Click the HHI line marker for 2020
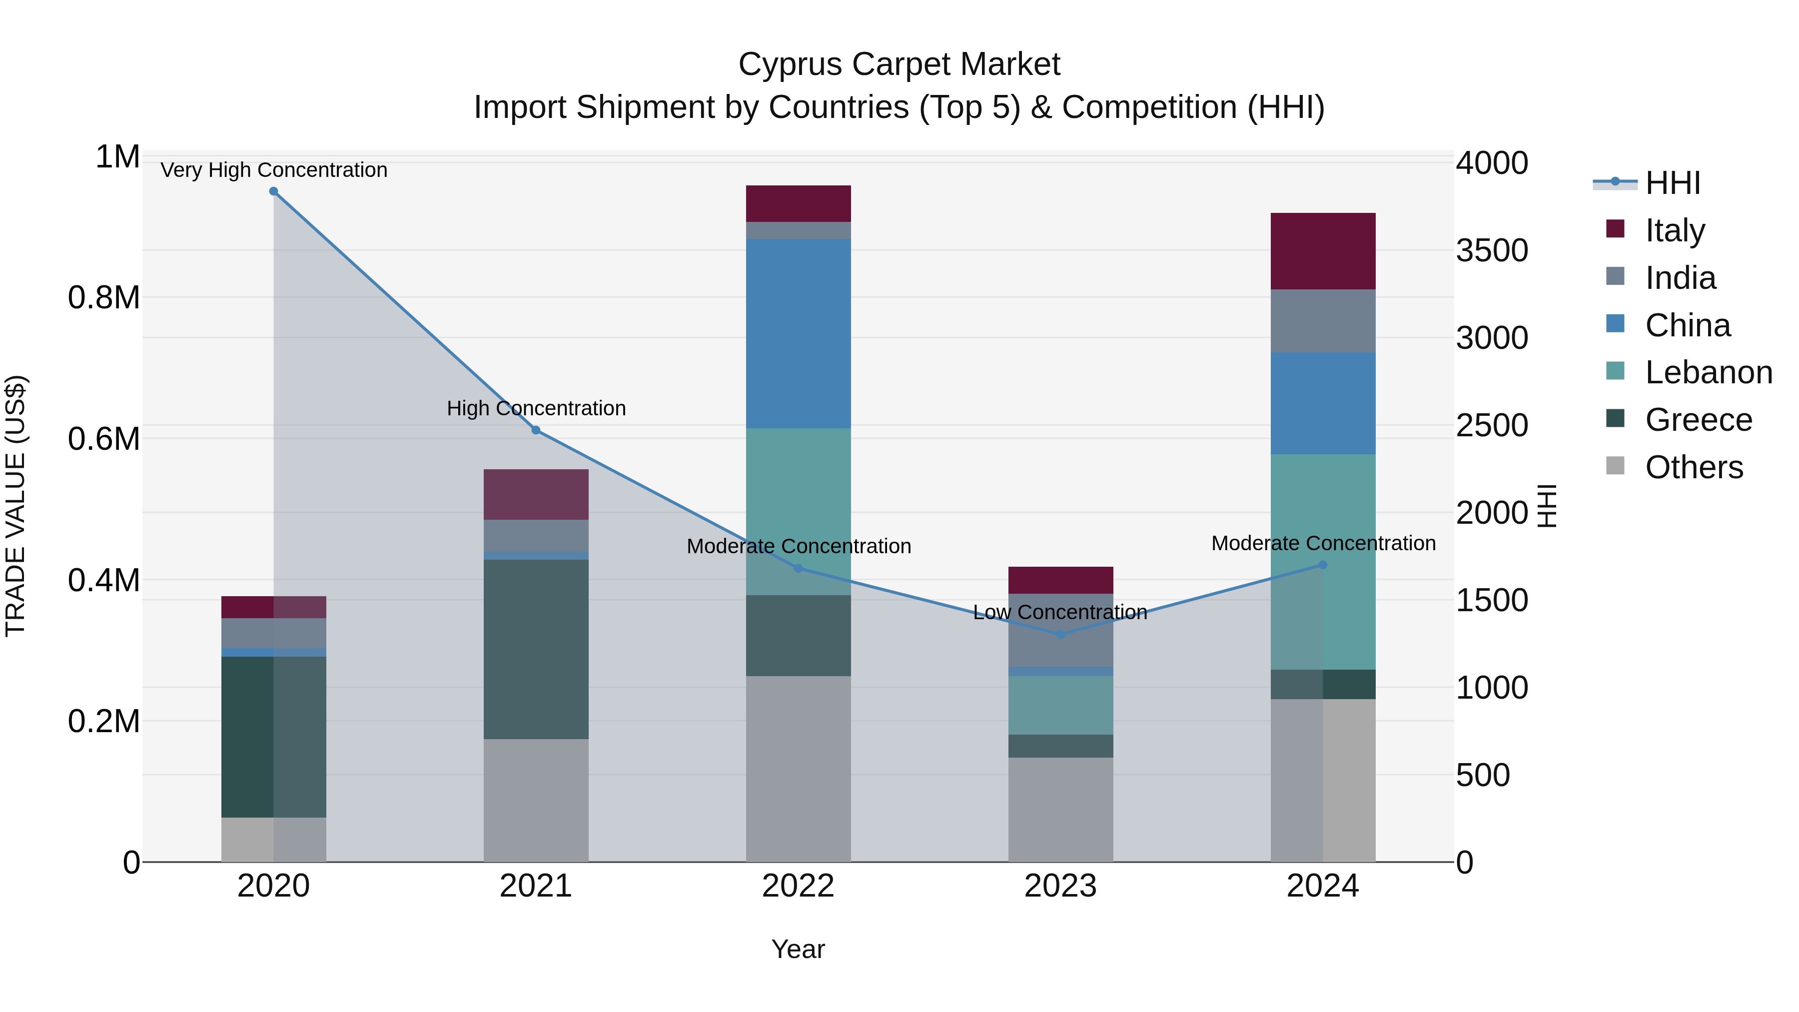pyautogui.click(x=274, y=191)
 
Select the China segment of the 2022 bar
pyautogui.click(x=798, y=333)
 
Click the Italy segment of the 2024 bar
pyautogui.click(x=1323, y=251)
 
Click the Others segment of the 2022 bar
pyautogui.click(x=798, y=768)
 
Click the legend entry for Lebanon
pyautogui.click(x=1708, y=372)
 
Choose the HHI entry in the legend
pyautogui.click(x=1672, y=183)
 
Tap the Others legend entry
pyautogui.click(x=1694, y=467)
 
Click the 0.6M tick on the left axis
pyautogui.click(x=104, y=439)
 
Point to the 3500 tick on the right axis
pyautogui.click(x=1492, y=251)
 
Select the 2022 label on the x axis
pyautogui.click(x=798, y=886)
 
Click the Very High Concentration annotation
pyautogui.click(x=274, y=170)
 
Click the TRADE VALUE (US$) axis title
pyautogui.click(x=15, y=506)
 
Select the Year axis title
pyautogui.click(x=798, y=949)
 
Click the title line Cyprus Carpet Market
pyautogui.click(x=899, y=64)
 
